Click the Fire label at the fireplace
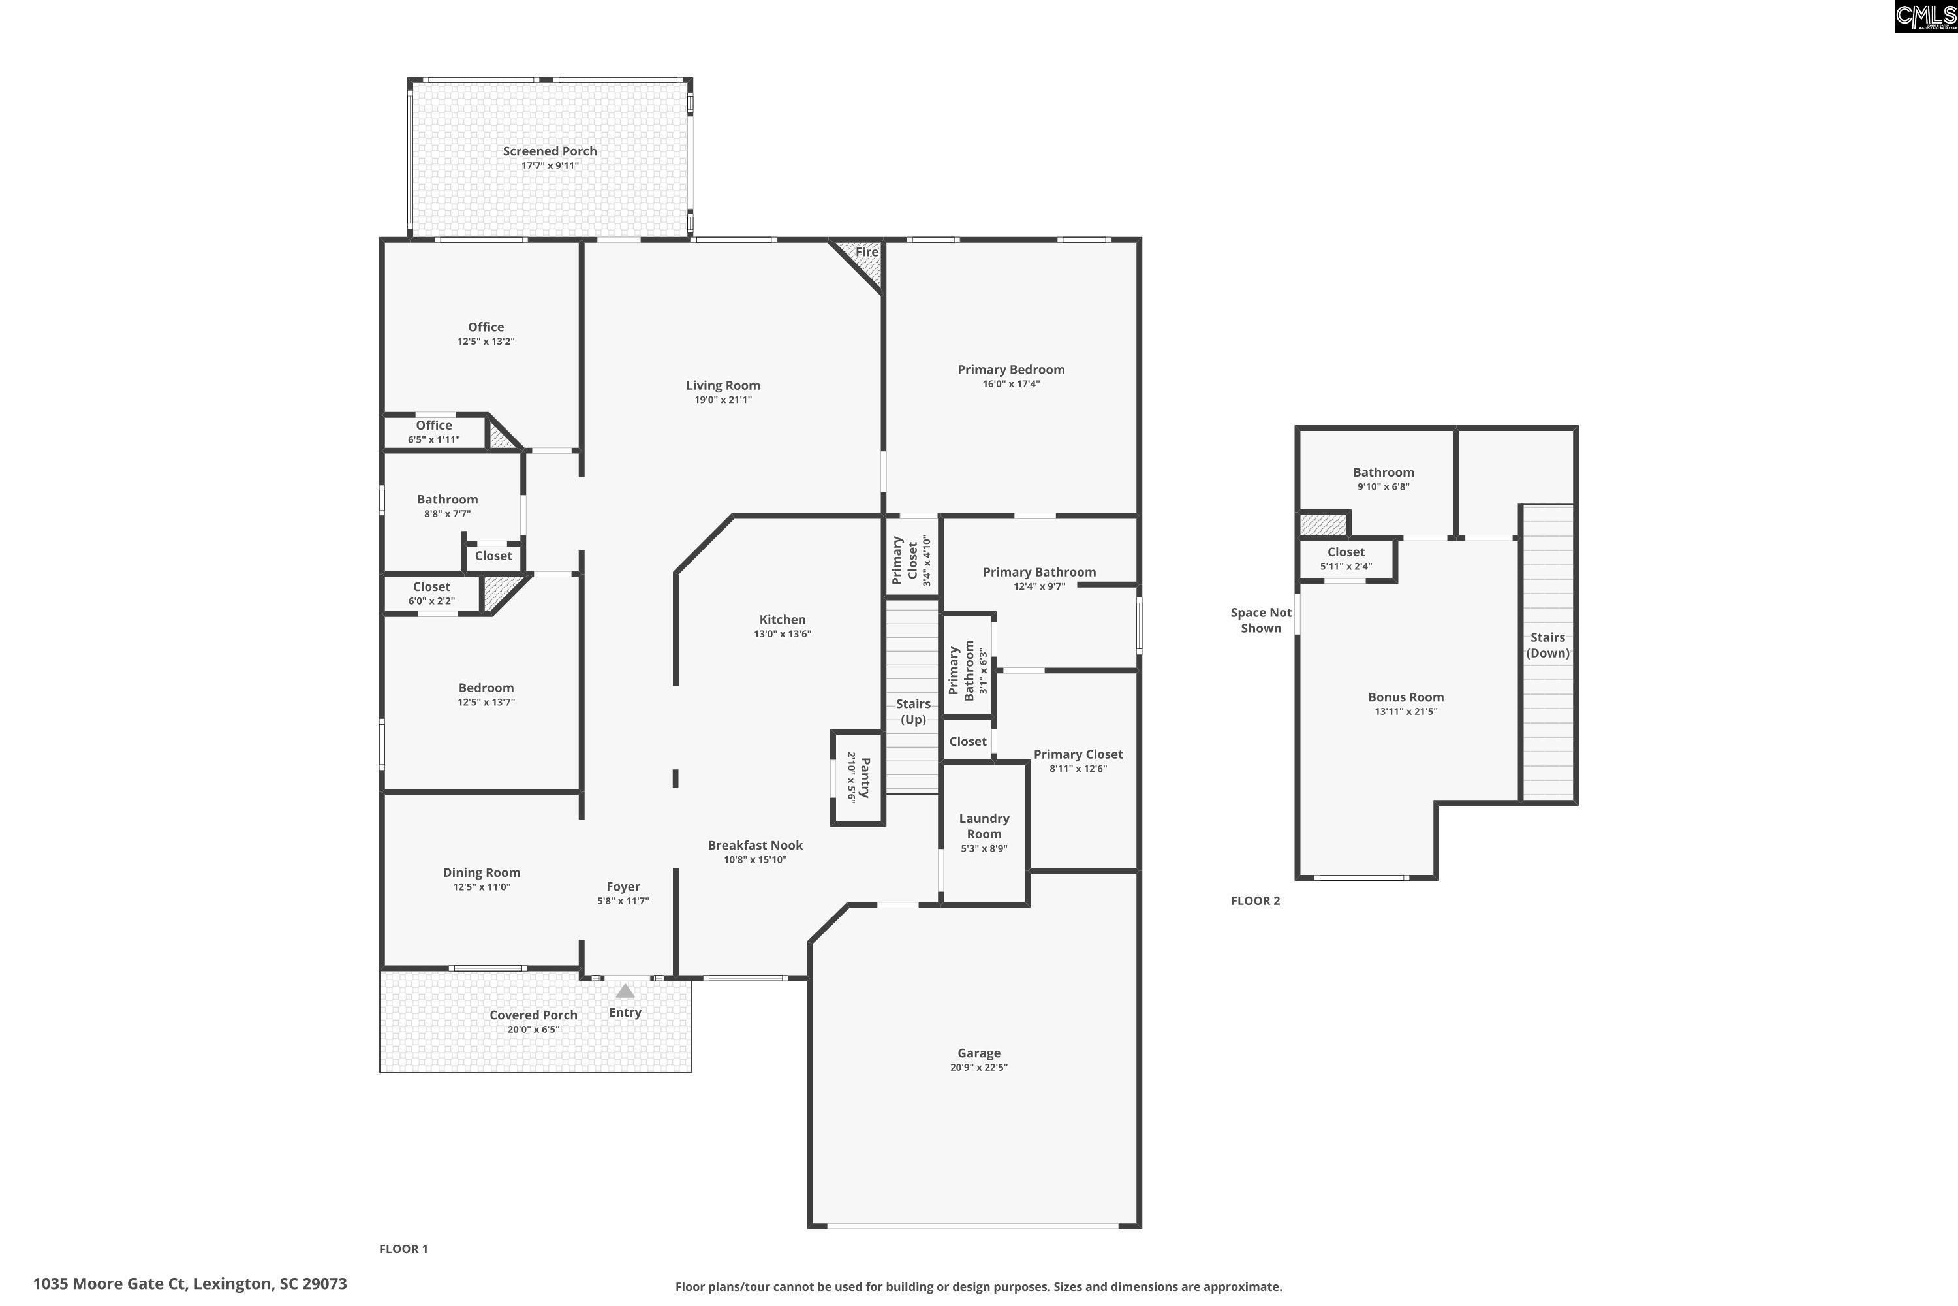coord(867,251)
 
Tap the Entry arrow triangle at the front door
coord(625,991)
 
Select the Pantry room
coord(858,778)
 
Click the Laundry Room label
coord(984,826)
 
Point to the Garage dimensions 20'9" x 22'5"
coord(978,1067)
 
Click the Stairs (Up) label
coord(913,711)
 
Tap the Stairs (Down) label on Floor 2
coord(1547,645)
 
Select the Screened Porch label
coord(550,151)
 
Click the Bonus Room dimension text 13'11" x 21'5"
coord(1405,711)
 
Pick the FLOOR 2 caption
coord(1255,900)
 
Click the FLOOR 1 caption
coord(403,1249)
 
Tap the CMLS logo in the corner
coord(1925,17)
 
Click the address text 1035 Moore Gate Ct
coord(190,1284)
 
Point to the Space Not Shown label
coord(1260,620)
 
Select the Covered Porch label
coord(533,1015)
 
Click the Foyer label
coord(623,886)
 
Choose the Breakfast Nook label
coord(755,844)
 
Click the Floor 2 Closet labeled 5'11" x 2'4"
coord(1345,558)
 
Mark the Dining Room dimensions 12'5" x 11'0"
coord(481,887)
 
